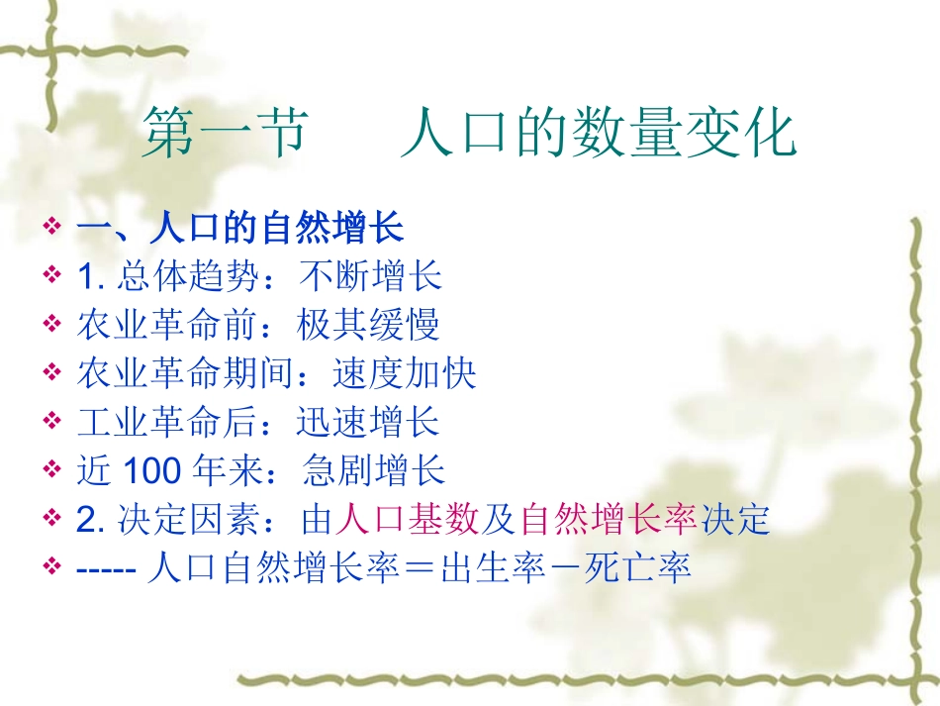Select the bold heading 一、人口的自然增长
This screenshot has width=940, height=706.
(240, 229)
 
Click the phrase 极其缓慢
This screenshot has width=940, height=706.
(368, 325)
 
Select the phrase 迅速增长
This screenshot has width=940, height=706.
(368, 422)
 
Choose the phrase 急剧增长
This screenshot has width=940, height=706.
(375, 470)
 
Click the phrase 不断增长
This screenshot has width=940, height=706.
(370, 277)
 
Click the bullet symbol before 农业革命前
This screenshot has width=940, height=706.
(53, 325)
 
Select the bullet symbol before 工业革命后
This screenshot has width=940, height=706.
(53, 422)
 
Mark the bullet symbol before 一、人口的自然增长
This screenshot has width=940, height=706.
(53, 229)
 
